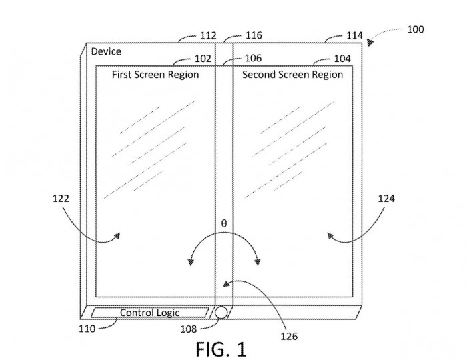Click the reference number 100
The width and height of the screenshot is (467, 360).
414,29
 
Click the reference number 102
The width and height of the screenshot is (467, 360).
203,59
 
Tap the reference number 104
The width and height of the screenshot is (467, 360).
341,59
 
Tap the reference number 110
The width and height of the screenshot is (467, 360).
87,327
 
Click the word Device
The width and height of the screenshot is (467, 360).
107,51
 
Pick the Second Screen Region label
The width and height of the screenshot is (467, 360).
293,75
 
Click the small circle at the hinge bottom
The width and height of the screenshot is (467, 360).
221,312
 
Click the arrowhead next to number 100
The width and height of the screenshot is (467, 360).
369,41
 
